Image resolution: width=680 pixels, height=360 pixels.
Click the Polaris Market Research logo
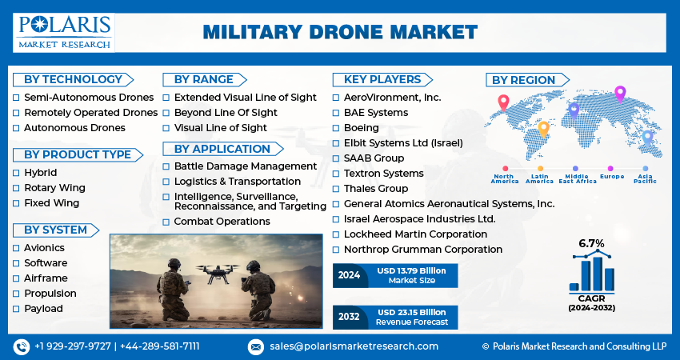[64, 33]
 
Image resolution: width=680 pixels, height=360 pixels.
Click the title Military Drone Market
[340, 32]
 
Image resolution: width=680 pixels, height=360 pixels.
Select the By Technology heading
[73, 80]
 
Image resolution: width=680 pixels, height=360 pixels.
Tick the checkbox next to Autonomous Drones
[16, 128]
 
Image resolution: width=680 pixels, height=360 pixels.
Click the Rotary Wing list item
[54, 188]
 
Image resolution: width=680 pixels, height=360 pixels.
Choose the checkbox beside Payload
[16, 309]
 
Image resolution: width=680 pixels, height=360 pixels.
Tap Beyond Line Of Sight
[226, 113]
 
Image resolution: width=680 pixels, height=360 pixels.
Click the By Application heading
[222, 149]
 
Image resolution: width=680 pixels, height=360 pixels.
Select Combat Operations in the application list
[222, 222]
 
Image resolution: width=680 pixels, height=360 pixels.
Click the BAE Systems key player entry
[376, 113]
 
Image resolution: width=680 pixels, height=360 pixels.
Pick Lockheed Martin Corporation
[415, 234]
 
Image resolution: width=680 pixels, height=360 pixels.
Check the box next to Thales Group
[336, 189]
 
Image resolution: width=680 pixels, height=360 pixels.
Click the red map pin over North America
[503, 102]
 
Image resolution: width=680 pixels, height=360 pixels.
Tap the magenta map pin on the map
[620, 94]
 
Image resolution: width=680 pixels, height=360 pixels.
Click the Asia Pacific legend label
[646, 178]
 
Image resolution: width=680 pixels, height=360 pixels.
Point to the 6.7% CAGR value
[591, 243]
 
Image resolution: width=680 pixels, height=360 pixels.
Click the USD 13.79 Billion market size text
[411, 271]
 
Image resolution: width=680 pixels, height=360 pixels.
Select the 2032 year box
[349, 317]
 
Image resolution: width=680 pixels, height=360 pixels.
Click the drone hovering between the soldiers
[217, 273]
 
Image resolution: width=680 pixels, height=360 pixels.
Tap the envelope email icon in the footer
[256, 347]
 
